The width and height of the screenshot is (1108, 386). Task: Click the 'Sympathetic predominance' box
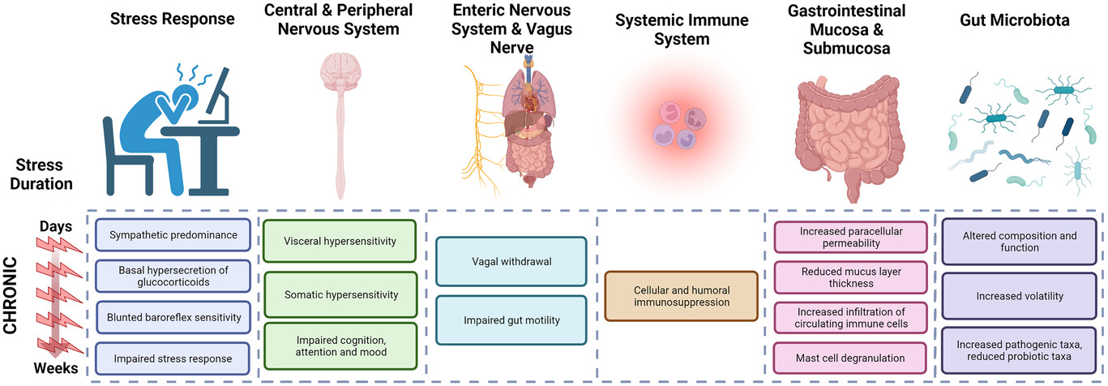coord(170,235)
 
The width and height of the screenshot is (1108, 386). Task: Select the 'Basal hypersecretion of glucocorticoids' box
coord(170,276)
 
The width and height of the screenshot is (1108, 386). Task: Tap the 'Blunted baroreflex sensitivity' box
coord(170,317)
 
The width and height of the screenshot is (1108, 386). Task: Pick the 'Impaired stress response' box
coord(170,358)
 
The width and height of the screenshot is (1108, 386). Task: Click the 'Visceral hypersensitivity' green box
coord(339,241)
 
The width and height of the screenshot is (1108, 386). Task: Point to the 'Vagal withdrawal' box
coord(510,261)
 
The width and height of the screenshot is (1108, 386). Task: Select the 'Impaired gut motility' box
coord(510,320)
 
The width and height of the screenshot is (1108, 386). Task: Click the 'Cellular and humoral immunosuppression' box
coord(681,296)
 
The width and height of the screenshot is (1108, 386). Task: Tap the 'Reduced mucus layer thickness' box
coord(851,277)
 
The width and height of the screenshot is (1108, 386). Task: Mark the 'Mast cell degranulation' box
coord(851,358)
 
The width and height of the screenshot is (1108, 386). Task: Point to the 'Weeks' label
coord(56,369)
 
